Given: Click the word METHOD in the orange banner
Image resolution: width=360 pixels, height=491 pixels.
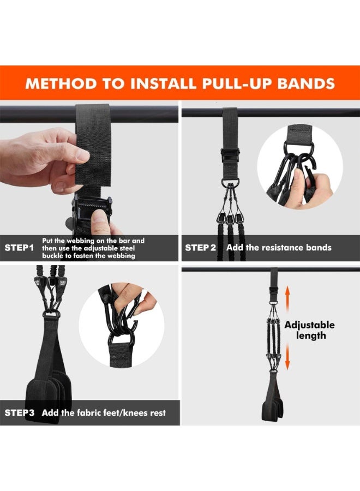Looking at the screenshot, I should [60, 83].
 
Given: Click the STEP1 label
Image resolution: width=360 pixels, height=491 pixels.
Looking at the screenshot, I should [19, 248].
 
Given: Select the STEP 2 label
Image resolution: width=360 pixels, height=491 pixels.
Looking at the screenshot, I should [201, 248].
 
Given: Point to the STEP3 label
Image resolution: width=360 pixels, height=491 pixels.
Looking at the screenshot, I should [19, 412].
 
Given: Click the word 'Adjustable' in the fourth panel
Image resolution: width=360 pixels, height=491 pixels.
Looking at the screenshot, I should [309, 325].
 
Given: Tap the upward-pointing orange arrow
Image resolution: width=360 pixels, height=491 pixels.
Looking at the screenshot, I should [286, 298].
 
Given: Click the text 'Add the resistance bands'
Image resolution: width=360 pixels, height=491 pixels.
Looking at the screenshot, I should [279, 248].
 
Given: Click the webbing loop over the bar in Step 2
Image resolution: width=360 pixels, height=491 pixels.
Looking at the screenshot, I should [229, 123].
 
